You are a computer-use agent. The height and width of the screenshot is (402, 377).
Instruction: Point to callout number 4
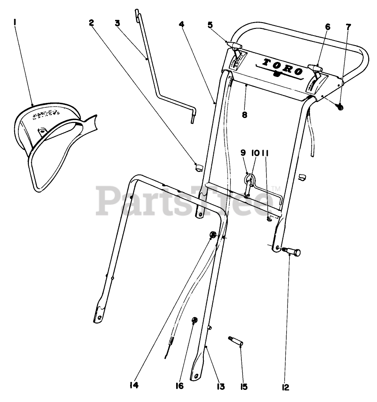[x=181, y=24]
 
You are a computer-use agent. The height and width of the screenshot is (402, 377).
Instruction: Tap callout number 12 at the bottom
[x=286, y=387]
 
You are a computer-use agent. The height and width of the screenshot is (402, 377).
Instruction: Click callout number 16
[x=180, y=385]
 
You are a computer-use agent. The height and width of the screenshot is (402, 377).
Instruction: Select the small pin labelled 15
[x=236, y=341]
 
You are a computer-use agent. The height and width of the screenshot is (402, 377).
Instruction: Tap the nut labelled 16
[x=194, y=321]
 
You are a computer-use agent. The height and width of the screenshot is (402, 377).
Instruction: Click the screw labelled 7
[x=340, y=107]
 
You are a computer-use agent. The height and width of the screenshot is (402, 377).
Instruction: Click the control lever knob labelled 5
[x=235, y=45]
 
